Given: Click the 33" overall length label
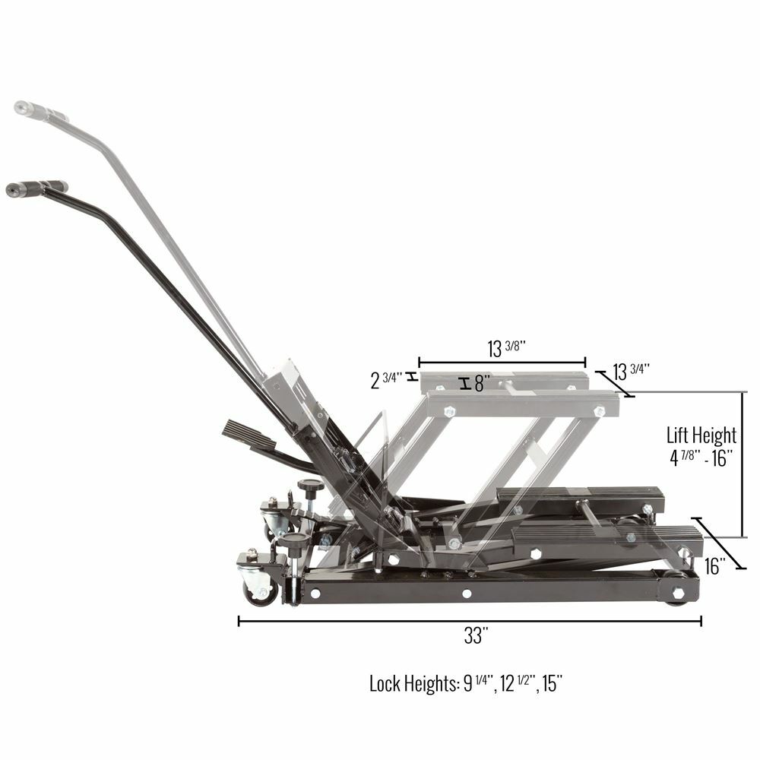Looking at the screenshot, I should tap(473, 636).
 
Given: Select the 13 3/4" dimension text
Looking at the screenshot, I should tap(630, 372).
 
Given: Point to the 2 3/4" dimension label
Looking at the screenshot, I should tap(387, 380).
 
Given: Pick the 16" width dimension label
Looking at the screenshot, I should tap(715, 565).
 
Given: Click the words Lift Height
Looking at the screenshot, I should tap(701, 435).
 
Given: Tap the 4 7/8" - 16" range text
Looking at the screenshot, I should tap(701, 460).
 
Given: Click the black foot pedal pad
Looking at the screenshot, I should tap(249, 437).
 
